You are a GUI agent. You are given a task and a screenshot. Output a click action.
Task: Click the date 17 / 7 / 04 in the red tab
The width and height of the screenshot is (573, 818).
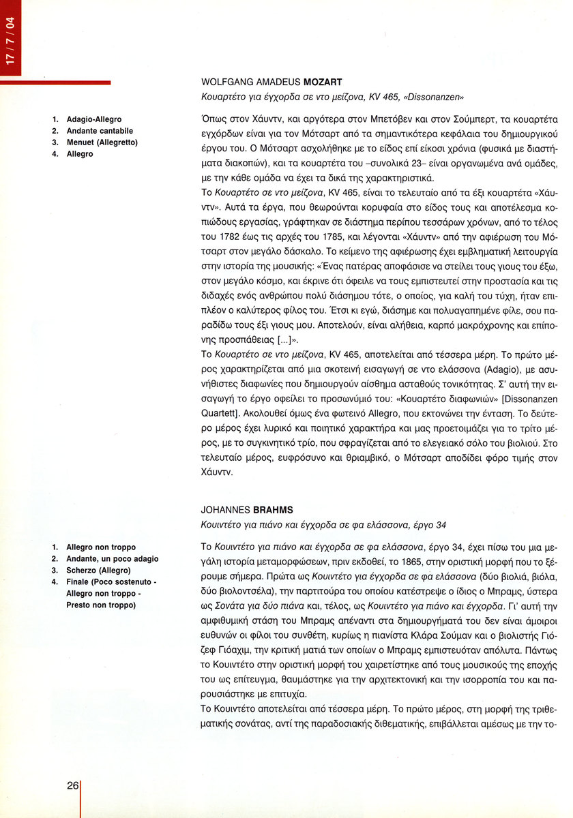pos(10,44)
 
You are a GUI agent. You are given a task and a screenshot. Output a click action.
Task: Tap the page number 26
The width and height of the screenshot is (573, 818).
pos(73,785)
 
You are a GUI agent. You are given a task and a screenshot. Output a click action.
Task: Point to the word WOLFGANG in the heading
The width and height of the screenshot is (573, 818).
pos(224,82)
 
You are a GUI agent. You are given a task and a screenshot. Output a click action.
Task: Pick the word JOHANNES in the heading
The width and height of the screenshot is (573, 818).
pos(222,509)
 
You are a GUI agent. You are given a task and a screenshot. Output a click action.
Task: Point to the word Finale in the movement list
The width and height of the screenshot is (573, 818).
pos(79,582)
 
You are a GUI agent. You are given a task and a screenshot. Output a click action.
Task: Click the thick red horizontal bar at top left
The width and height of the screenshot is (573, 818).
pos(55,83)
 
